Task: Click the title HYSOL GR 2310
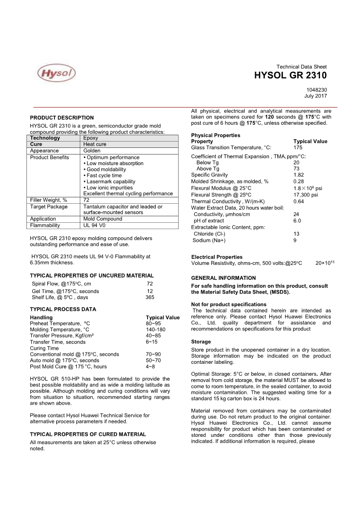291,76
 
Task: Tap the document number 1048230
316,90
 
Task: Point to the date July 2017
316,96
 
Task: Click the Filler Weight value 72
87,200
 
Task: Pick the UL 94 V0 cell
94,225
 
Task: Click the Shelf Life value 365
150,297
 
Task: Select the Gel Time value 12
150,291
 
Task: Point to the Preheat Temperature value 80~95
153,323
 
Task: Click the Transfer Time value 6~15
152,342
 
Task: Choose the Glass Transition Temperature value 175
298,147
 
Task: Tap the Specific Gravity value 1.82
299,175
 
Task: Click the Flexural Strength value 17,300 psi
306,195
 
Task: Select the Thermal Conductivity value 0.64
299,201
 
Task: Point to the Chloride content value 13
296,234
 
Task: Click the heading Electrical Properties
217,257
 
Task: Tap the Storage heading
201,341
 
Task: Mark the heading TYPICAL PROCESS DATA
63,309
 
